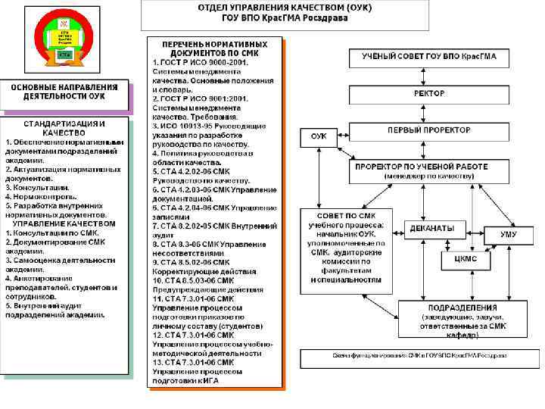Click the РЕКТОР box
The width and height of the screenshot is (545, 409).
point(428,94)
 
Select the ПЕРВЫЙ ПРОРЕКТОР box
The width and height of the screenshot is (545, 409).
point(428,130)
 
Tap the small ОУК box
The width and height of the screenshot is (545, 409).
point(319,137)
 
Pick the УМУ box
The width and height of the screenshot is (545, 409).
point(509,235)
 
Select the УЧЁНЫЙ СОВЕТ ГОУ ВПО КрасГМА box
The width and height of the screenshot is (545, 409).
point(428,57)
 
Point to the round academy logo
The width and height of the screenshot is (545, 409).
point(64,37)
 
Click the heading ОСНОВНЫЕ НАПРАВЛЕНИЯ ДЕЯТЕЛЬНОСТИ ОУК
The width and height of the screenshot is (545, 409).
point(64,92)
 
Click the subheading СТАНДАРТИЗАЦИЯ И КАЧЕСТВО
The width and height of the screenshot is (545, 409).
point(64,127)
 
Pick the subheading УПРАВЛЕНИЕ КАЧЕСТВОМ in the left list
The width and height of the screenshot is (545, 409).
point(64,224)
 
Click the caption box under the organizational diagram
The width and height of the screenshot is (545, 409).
point(418,356)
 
